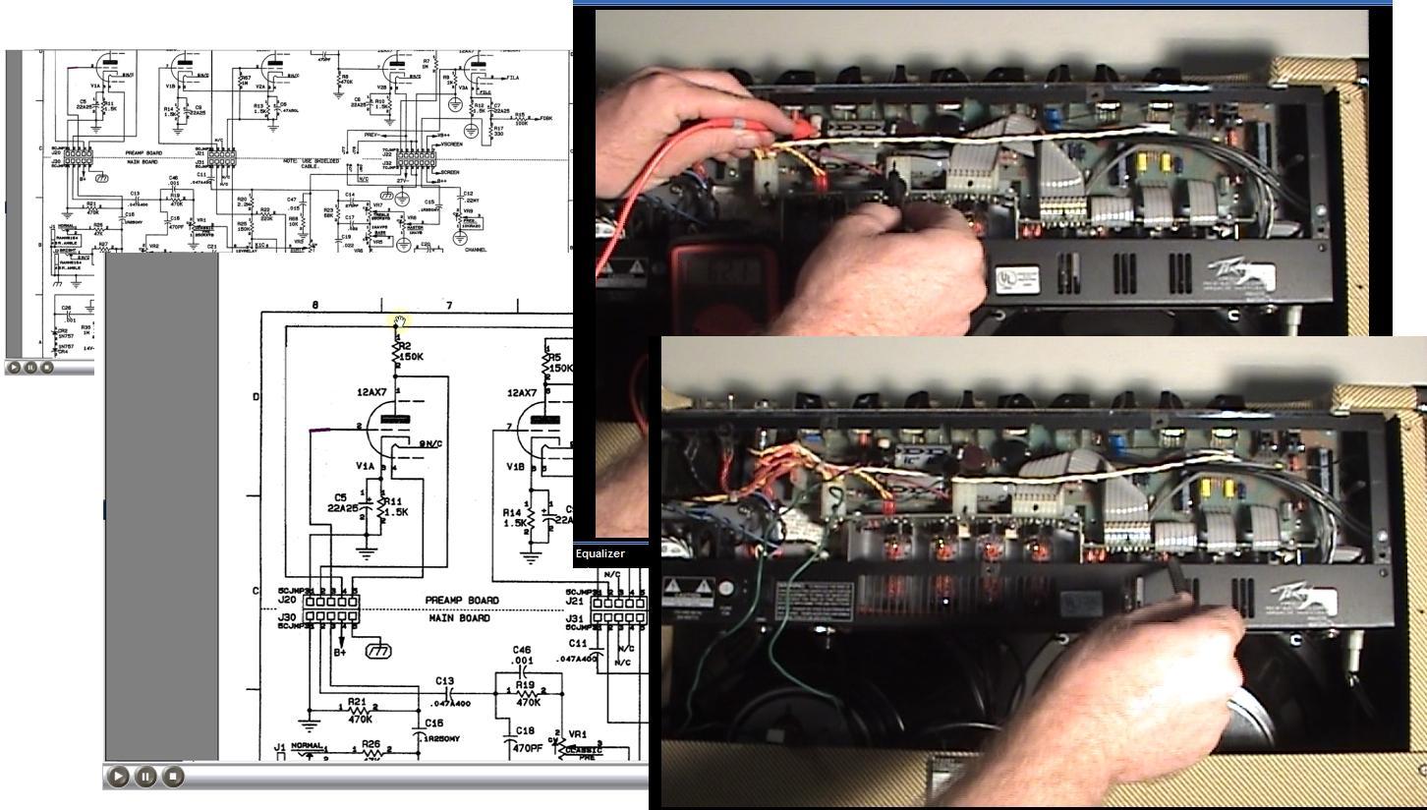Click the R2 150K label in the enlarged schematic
(411, 351)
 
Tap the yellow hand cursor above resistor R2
(400, 320)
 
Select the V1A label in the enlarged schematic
(366, 465)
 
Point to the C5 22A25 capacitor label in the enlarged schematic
(342, 503)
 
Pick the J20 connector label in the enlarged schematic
(287, 600)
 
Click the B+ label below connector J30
(340, 652)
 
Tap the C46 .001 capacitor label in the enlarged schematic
(522, 655)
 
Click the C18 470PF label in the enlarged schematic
(527, 739)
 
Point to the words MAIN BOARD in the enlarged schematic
(460, 618)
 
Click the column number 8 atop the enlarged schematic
(315, 306)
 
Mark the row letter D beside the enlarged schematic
(257, 397)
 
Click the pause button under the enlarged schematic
(145, 777)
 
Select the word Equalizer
(599, 553)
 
